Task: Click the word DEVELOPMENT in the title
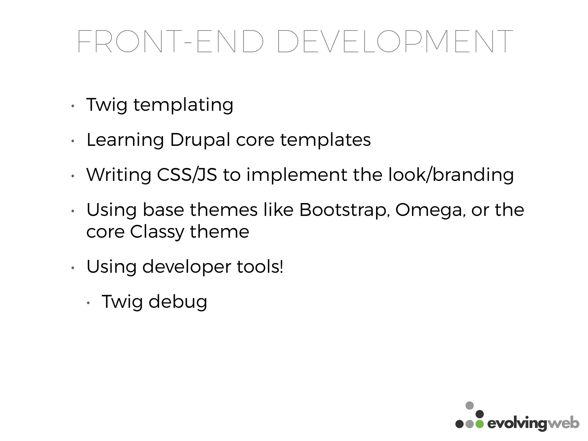click(395, 42)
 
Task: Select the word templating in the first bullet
click(183, 105)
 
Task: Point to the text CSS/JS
click(187, 175)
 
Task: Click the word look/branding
click(451, 175)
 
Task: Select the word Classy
click(157, 232)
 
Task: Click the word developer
click(187, 267)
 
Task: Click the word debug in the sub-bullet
click(178, 302)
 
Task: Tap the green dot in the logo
click(479, 424)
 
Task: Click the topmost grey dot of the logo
click(469, 405)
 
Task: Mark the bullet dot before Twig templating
click(73, 106)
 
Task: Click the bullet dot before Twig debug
click(88, 303)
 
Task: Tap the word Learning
click(125, 140)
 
